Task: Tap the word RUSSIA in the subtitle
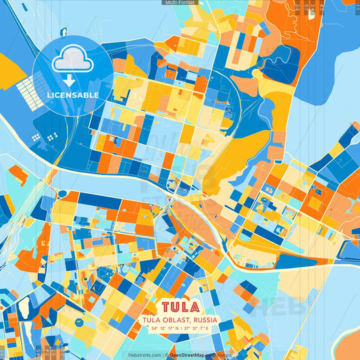click(x=203, y=320)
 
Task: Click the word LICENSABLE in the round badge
click(x=73, y=95)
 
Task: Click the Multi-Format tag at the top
click(x=180, y=3)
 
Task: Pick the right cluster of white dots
click(x=52, y=137)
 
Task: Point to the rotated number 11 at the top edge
click(x=298, y=8)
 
